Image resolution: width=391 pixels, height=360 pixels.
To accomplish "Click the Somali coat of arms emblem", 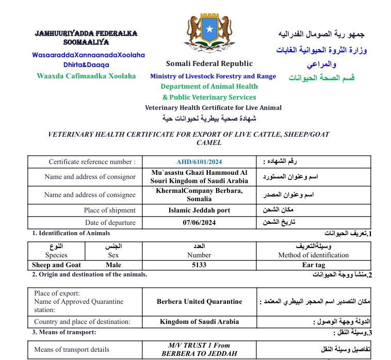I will [209, 32].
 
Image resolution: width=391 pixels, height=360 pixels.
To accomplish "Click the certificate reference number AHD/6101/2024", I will [199, 162].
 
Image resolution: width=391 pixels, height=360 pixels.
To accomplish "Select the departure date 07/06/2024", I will [199, 223].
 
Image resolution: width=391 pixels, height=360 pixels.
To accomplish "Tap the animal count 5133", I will [199, 265].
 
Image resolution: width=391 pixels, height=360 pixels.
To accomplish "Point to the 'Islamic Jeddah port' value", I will [199, 210].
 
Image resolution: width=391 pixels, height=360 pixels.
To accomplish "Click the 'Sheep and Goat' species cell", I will [56, 265].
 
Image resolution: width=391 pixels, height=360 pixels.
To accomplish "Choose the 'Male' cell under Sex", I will [113, 265].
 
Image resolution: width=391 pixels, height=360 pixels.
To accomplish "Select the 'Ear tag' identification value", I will [313, 265].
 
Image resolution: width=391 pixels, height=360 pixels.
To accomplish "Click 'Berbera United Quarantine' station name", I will [199, 302].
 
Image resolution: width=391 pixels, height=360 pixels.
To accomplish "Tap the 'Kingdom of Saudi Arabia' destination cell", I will [199, 322].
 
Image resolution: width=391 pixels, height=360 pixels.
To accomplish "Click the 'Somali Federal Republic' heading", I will [209, 64].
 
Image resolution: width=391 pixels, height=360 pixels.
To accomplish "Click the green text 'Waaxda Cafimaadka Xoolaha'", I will [86, 76].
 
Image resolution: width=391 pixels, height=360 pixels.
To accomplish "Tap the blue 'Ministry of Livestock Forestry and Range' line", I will [213, 76].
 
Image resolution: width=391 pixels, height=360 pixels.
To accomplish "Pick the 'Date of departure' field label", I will [110, 223].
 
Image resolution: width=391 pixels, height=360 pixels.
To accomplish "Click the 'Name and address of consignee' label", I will [90, 195].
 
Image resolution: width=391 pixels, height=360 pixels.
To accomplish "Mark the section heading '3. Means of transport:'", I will [64, 332].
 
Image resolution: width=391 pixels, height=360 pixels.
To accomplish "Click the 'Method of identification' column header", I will [313, 255].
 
